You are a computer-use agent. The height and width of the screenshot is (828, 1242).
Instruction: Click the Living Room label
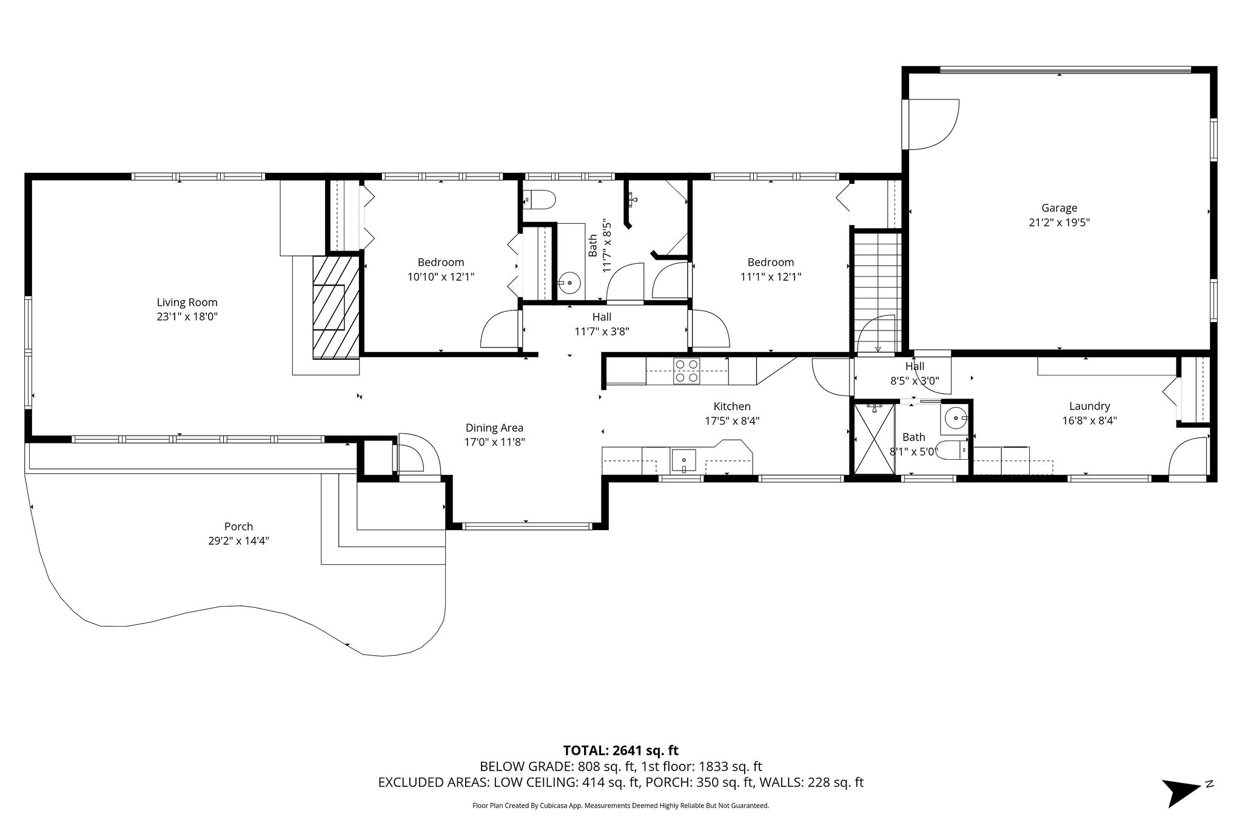[187, 302]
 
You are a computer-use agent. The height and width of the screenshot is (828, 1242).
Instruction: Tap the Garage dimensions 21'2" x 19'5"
[1059, 223]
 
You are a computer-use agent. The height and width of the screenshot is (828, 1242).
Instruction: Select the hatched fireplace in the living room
[336, 308]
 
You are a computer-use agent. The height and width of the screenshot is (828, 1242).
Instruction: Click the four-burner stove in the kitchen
[686, 371]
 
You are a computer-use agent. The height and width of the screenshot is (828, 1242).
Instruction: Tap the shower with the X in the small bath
[874, 439]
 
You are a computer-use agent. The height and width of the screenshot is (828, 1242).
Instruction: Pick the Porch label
[238, 527]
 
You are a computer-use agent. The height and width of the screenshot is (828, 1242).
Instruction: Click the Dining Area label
[494, 428]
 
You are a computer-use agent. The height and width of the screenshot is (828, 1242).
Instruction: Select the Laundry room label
[1089, 406]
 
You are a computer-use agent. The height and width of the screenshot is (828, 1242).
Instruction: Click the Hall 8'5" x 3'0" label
[915, 373]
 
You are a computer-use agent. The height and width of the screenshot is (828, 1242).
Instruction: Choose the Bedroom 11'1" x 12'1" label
[770, 269]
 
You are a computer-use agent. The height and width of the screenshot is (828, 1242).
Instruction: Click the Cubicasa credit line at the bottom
[620, 806]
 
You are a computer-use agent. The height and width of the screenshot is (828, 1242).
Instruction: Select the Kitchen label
[732, 406]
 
